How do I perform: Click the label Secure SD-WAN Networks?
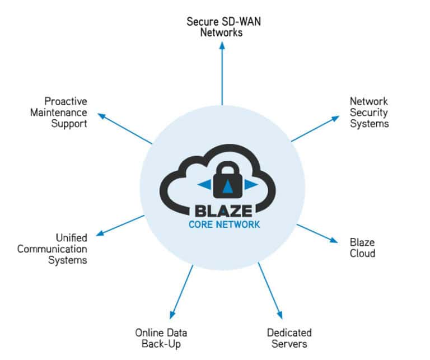222,27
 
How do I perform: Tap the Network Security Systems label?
369,113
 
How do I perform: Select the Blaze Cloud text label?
362,247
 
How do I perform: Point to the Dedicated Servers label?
289,338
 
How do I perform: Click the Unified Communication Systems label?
52,249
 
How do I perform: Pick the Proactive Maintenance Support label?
66,113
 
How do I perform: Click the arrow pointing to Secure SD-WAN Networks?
222,73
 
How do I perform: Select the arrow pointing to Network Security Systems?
315,129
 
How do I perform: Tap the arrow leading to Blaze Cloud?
317,233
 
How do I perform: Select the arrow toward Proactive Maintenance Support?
125,128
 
